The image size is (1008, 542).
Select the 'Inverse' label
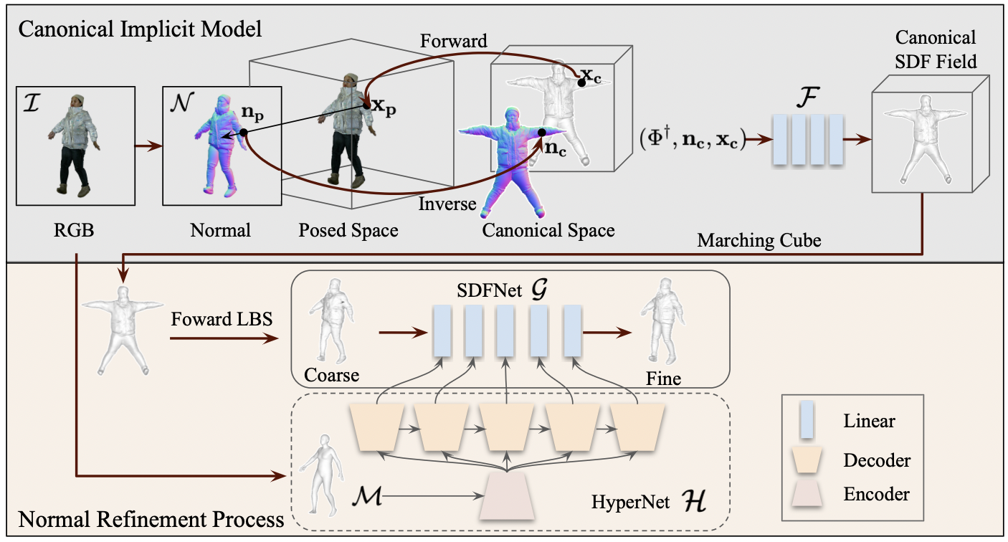click(447, 204)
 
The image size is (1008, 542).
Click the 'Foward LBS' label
click(222, 319)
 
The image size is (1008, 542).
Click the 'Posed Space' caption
click(348, 230)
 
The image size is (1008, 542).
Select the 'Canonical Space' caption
click(548, 231)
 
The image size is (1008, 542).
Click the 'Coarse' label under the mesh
click(331, 375)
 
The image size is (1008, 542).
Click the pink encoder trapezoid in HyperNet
click(508, 497)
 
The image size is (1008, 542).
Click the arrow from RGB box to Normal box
click(148, 148)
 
